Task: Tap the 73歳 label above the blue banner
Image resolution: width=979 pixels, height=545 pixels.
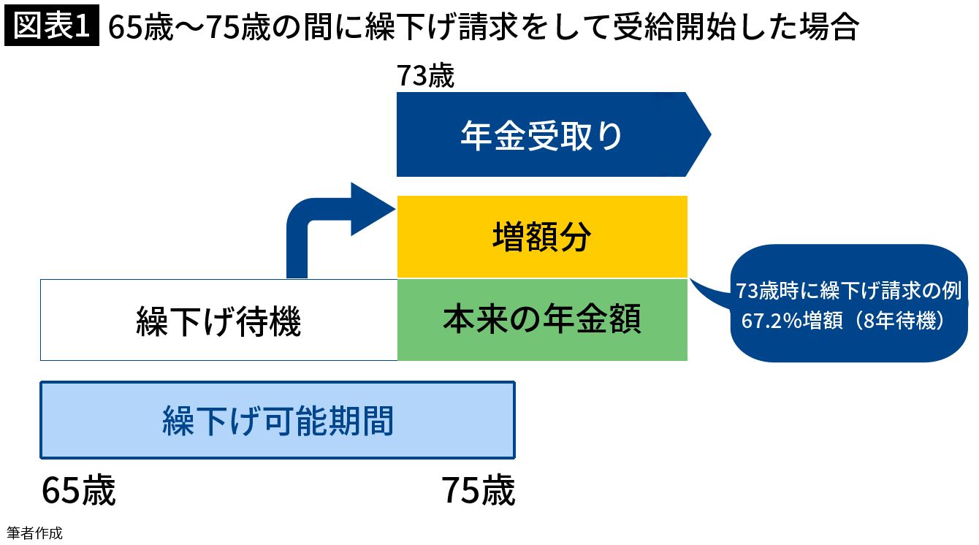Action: (x=425, y=76)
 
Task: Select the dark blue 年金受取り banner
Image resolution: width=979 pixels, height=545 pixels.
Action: (x=541, y=135)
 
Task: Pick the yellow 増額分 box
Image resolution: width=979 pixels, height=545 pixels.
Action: (x=541, y=237)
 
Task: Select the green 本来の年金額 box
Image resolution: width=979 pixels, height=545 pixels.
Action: (x=541, y=320)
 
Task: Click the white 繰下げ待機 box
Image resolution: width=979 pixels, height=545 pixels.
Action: (x=218, y=320)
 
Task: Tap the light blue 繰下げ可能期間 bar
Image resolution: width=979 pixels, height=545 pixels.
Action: (x=278, y=421)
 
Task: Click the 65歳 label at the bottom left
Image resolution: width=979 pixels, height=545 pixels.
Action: (x=78, y=490)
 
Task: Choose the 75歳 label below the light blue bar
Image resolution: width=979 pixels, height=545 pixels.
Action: (x=478, y=490)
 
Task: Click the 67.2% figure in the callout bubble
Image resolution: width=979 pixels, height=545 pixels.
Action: (x=768, y=321)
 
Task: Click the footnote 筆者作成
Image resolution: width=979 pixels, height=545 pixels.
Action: (x=34, y=533)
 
